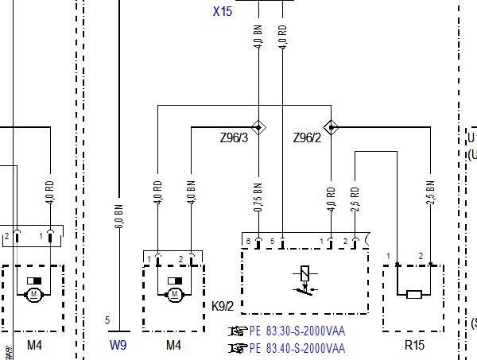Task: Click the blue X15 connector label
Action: (223, 12)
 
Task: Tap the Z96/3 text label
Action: (234, 138)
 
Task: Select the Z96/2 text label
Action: (307, 138)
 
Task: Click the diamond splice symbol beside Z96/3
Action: (258, 127)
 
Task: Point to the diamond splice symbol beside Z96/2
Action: (331, 127)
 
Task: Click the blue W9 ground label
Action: (118, 345)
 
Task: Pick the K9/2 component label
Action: (223, 305)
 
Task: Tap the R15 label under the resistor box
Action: (414, 345)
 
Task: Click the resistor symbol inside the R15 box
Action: (413, 295)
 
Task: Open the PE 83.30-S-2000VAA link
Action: (297, 331)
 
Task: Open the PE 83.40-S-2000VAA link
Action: (297, 348)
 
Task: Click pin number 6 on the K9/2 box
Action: (248, 241)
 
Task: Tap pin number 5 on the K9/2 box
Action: (272, 241)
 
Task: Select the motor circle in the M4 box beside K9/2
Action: (174, 295)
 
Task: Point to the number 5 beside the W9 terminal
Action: (107, 321)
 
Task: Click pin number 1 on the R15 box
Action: (390, 256)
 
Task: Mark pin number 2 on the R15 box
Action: (421, 256)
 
